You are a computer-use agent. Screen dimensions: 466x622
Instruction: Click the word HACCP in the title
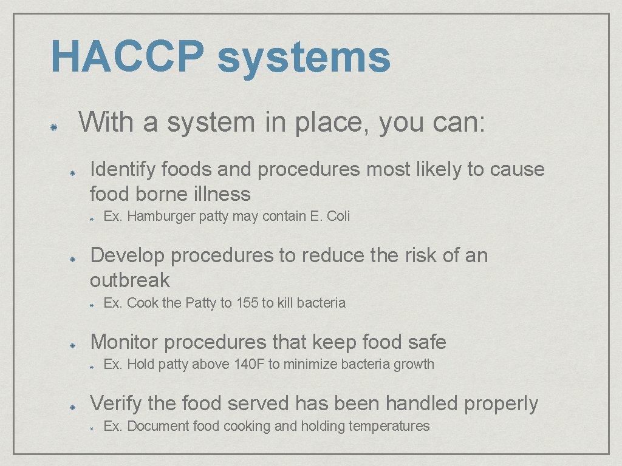coord(127,56)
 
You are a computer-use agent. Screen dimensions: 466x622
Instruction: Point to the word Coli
coord(338,216)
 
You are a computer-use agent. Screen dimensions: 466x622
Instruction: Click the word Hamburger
coord(162,216)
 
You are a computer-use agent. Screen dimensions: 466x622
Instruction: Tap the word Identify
coord(120,169)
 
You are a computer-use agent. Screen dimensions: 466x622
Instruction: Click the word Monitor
coord(125,342)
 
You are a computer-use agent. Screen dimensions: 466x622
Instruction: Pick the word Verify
coord(115,404)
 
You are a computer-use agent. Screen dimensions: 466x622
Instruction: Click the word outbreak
coord(130,280)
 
